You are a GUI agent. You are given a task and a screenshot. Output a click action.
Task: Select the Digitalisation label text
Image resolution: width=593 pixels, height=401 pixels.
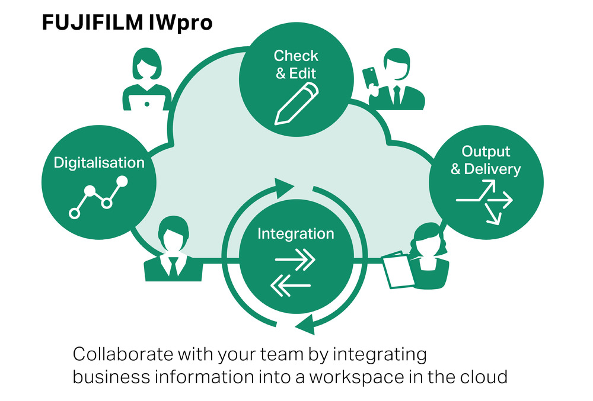(99, 163)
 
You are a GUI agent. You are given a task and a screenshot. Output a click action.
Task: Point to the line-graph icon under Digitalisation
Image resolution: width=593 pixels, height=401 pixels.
(98, 196)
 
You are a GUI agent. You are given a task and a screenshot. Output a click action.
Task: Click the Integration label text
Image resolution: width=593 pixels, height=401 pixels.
(295, 233)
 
